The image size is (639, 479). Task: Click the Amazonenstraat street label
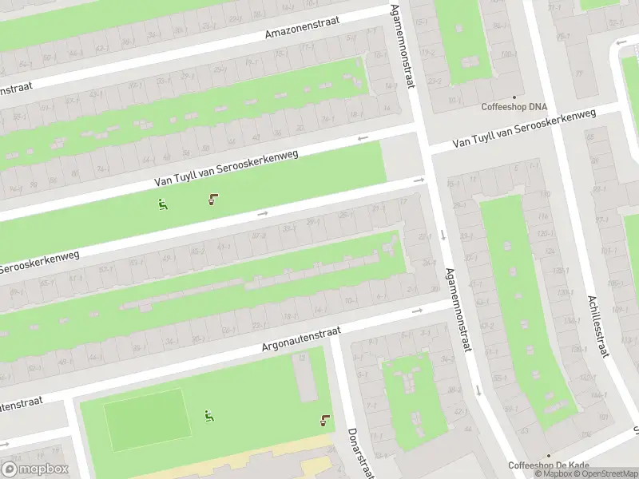302,26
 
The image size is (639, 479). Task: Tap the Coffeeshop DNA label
514,106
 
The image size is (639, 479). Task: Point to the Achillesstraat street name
598,325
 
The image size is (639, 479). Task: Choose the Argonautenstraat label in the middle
301,338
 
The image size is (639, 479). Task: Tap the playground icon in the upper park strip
163,204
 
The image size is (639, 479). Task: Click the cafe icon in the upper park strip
212,199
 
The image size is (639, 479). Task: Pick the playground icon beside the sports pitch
209,416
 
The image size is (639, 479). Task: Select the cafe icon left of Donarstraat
324,421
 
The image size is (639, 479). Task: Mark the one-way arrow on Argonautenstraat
416,311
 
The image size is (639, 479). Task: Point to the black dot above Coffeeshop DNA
514,97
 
